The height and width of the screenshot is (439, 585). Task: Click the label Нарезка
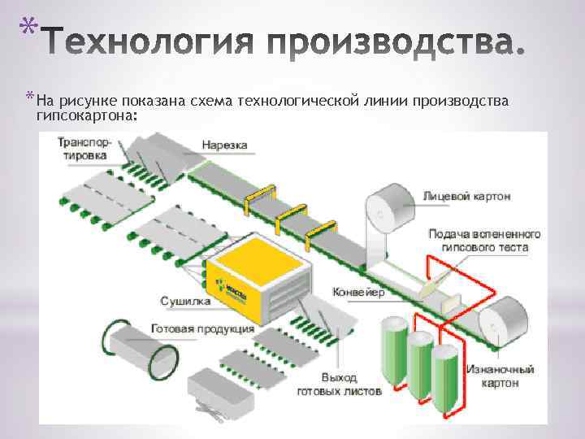point(225,146)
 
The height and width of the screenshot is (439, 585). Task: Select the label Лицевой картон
point(456,197)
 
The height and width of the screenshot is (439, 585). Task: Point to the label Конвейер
point(358,292)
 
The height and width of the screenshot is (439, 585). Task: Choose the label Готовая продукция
point(203,329)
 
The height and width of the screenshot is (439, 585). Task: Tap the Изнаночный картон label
point(500,376)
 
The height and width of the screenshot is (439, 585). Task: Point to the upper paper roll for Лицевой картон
point(389,209)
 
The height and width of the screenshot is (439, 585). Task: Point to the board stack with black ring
point(139,341)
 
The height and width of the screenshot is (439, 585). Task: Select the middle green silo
point(420,367)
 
